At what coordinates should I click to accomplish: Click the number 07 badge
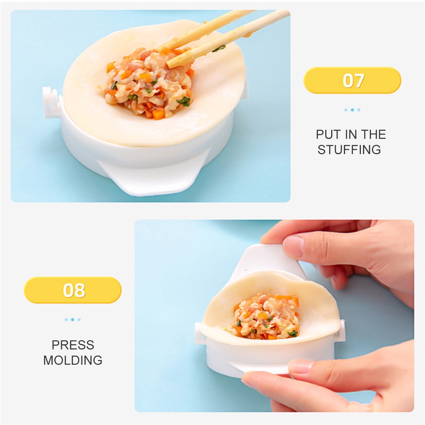(352, 80)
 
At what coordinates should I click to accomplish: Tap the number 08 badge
(73, 290)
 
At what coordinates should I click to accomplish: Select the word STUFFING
(349, 150)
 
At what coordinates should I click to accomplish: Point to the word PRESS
(73, 345)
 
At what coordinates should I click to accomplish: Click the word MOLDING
(73, 360)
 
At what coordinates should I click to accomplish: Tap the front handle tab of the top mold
(149, 178)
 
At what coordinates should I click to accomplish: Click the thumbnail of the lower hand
(299, 366)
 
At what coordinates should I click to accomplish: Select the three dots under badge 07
(352, 110)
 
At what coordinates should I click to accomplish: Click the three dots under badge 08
(73, 319)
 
